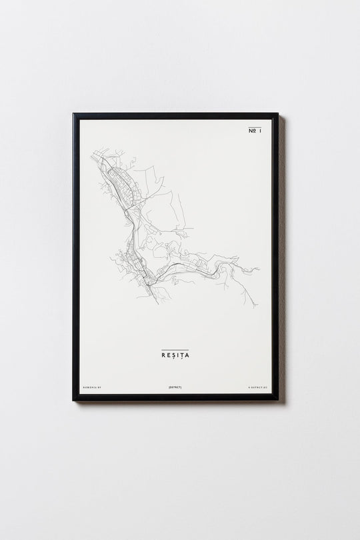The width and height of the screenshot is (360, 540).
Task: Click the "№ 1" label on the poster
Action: click(x=255, y=132)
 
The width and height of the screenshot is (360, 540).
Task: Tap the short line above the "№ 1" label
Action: click(x=255, y=126)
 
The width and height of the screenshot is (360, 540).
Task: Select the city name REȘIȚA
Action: click(x=175, y=355)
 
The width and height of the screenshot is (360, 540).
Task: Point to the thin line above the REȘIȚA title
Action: click(x=175, y=349)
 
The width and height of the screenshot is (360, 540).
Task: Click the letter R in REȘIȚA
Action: click(x=163, y=355)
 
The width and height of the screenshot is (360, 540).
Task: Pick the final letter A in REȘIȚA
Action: click(x=187, y=355)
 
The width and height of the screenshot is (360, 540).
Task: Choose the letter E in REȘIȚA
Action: click(x=169, y=355)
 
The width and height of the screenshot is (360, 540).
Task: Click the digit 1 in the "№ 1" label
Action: click(x=260, y=132)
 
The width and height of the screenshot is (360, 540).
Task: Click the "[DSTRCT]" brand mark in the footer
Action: click(x=175, y=386)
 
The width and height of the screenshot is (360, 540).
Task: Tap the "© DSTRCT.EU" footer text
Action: click(x=257, y=386)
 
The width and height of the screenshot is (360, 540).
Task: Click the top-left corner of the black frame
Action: click(x=74, y=114)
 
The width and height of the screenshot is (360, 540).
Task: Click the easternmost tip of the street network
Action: click(x=259, y=269)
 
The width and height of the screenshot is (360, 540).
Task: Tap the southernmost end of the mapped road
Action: click(x=158, y=303)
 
